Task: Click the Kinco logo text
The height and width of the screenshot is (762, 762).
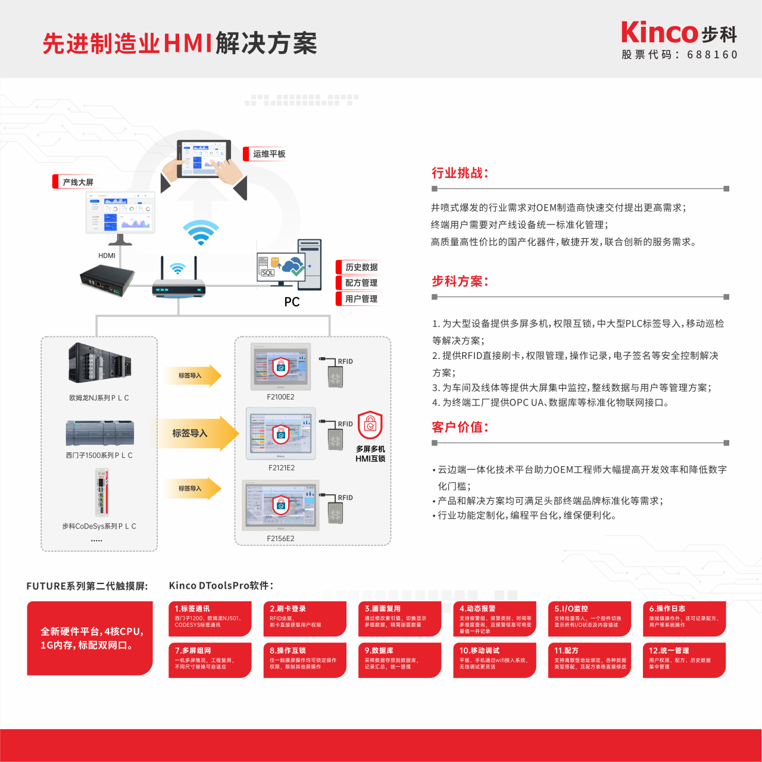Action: click(659, 33)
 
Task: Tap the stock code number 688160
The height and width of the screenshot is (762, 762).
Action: click(712, 55)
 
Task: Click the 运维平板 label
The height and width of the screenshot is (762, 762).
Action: click(268, 154)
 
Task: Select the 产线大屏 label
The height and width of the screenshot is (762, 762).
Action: click(77, 182)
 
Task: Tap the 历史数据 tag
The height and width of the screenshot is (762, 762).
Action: click(361, 267)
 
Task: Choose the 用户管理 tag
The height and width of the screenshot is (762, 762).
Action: click(361, 299)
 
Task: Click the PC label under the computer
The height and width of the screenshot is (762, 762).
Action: click(292, 302)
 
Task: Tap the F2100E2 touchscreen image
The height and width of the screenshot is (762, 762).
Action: click(280, 367)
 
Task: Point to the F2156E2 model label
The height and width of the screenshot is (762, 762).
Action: click(280, 539)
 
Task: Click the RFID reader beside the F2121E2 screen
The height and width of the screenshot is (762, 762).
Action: click(335, 438)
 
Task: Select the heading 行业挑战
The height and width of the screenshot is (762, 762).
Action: click(460, 173)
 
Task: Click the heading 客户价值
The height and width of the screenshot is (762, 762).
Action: click(460, 427)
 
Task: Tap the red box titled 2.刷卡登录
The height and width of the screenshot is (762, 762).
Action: click(305, 619)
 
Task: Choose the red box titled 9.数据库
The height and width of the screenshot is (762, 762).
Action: click(399, 660)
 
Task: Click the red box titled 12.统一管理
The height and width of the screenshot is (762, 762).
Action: click(684, 660)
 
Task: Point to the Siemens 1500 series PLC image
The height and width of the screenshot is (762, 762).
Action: click(99, 433)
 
